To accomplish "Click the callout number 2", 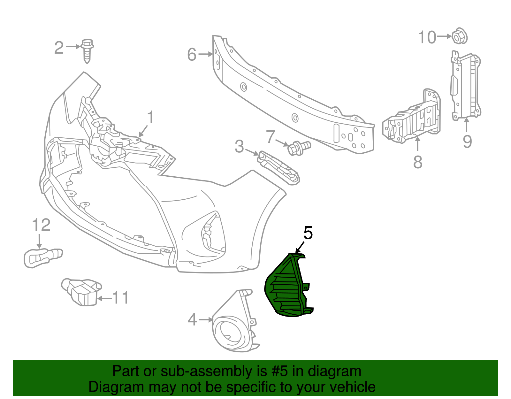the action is click(x=59, y=48).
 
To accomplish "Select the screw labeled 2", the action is click(x=87, y=51).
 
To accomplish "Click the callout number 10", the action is click(x=427, y=37).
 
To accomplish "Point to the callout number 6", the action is click(x=192, y=54).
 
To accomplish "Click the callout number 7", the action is click(x=271, y=137).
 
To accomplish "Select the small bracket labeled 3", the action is click(x=279, y=168).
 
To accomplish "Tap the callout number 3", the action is click(x=240, y=146).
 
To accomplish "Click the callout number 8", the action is click(x=418, y=162).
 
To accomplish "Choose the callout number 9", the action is click(x=467, y=142).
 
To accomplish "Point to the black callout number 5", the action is click(x=308, y=233).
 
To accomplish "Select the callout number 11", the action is click(x=120, y=297).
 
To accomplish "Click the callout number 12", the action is click(x=41, y=225).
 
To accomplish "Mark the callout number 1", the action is click(x=150, y=117).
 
